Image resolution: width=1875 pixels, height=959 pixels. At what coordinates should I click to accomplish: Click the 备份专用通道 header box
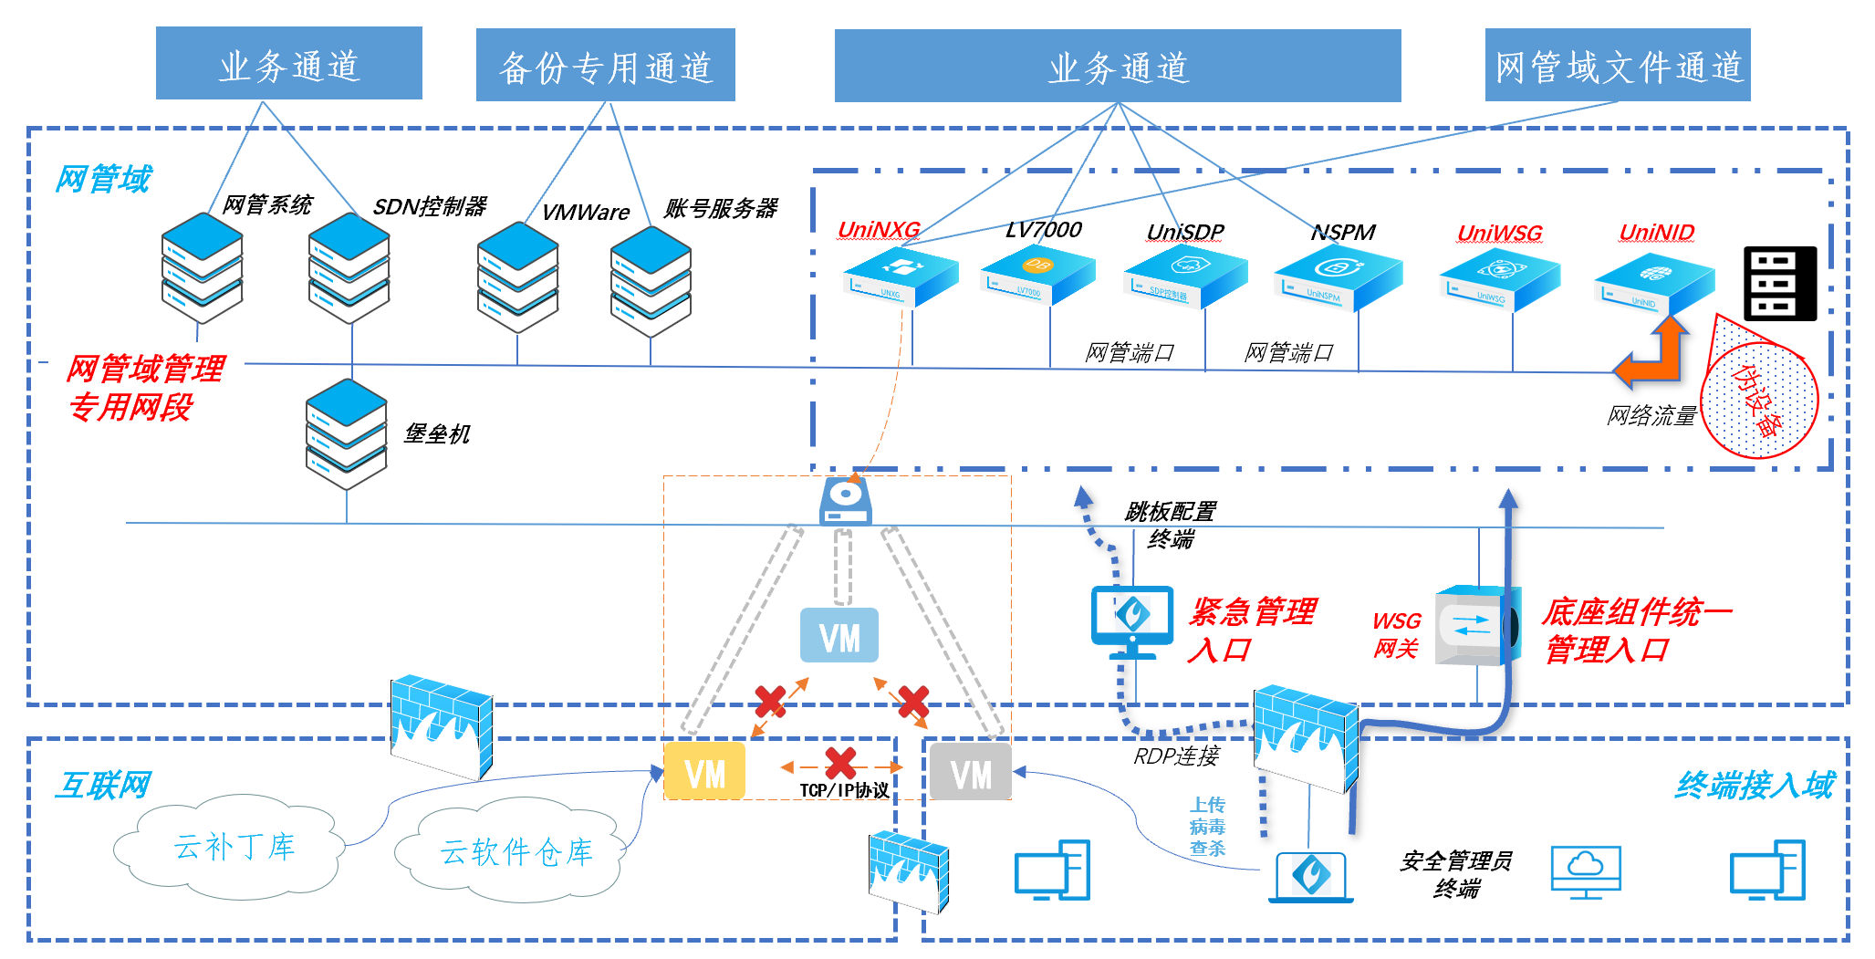click(605, 65)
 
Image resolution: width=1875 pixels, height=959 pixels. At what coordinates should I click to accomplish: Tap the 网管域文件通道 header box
click(1617, 65)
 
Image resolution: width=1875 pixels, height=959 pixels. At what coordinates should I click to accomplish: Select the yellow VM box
click(704, 772)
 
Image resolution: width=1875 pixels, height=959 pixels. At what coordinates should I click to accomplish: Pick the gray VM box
click(970, 773)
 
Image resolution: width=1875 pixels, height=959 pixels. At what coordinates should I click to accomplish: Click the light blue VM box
click(839, 636)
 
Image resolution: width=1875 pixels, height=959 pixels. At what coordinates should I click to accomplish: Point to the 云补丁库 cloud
click(233, 847)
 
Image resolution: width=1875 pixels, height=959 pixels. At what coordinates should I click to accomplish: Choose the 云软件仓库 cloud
click(516, 851)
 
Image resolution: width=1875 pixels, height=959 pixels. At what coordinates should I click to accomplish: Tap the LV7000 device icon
click(1037, 274)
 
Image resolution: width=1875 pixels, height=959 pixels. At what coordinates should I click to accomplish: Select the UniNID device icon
click(1653, 283)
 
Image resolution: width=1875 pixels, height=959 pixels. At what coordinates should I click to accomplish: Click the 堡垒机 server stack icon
click(347, 433)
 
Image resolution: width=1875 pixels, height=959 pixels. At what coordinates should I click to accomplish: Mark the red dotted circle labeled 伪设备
click(1760, 398)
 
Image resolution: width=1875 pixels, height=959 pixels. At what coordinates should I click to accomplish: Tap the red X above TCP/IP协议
click(840, 763)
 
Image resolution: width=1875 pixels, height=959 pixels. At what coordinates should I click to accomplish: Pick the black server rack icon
click(1779, 283)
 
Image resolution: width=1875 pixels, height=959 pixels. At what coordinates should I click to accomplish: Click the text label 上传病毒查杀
click(1206, 827)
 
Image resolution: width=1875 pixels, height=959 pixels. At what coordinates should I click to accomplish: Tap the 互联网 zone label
click(102, 785)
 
